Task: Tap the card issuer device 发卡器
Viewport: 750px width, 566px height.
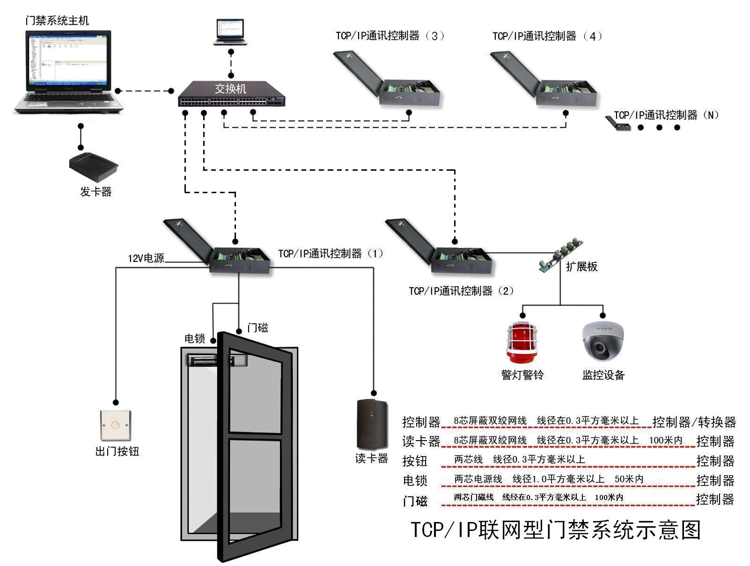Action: (x=94, y=167)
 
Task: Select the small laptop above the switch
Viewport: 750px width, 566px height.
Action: (x=230, y=32)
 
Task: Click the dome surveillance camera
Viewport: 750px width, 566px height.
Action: (x=603, y=341)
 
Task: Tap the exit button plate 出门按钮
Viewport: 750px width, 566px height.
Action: (x=116, y=426)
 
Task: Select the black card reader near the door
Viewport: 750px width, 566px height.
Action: (x=372, y=424)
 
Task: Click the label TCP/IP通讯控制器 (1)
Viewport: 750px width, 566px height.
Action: (x=331, y=254)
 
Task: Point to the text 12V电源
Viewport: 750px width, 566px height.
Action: (x=146, y=258)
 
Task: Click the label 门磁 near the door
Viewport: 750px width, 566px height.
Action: (x=257, y=328)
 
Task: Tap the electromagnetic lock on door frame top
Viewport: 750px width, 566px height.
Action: (x=211, y=360)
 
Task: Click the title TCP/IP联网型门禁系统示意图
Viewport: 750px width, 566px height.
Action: (x=555, y=530)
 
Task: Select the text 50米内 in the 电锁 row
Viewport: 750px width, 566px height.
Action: (x=629, y=479)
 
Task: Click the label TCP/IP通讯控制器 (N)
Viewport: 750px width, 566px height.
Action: (x=666, y=115)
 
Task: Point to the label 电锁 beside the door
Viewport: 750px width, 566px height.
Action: (x=195, y=338)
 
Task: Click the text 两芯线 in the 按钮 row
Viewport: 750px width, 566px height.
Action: (x=468, y=459)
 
